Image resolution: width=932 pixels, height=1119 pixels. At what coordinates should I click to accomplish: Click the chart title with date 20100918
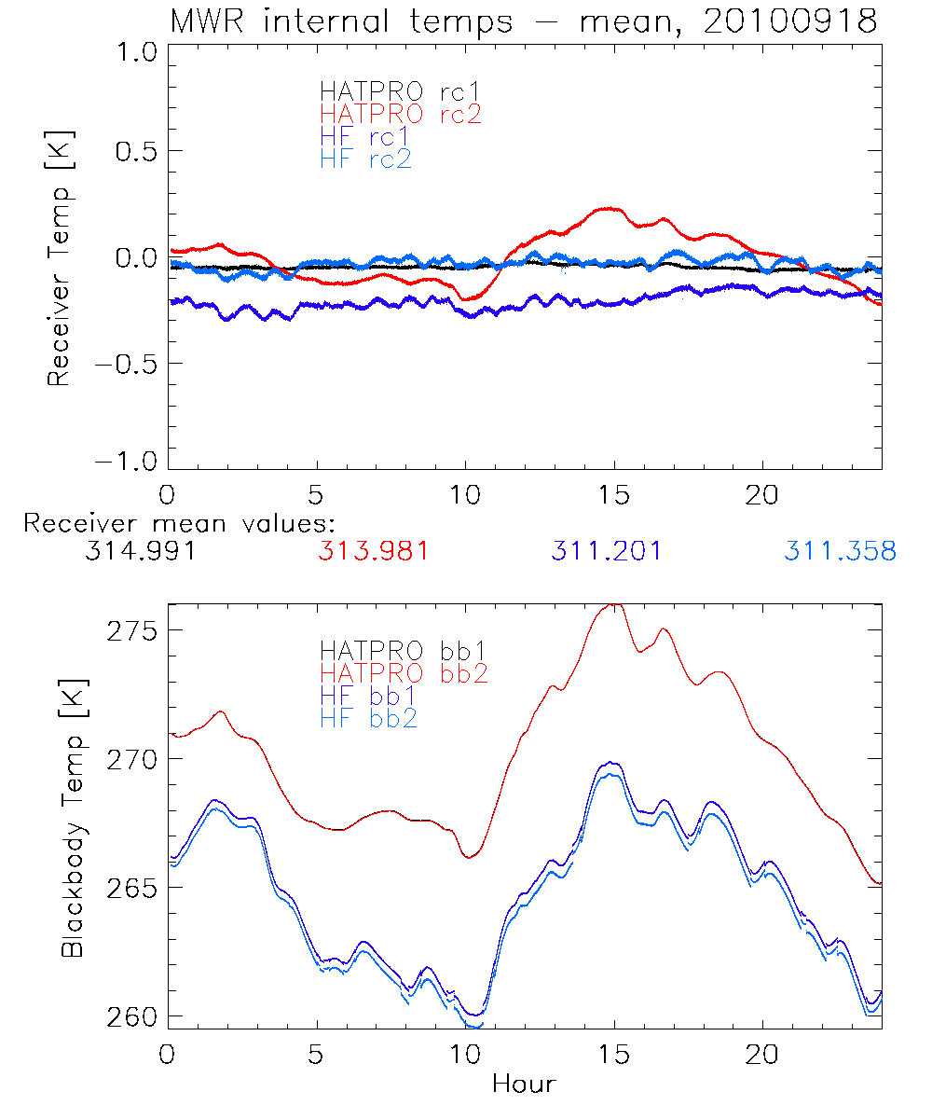524,21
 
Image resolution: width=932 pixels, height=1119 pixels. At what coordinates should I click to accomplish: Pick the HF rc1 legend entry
364,136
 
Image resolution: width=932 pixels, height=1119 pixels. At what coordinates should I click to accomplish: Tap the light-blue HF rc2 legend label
364,159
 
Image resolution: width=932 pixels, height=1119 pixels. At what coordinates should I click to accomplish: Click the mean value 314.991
140,551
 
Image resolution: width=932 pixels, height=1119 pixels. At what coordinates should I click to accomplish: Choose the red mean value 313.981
374,551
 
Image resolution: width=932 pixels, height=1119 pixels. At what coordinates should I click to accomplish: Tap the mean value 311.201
606,551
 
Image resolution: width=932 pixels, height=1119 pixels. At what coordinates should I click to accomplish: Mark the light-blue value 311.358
840,551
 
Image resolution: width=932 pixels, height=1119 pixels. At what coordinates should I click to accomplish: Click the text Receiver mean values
179,523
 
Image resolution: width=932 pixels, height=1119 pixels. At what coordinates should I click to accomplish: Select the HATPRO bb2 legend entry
404,673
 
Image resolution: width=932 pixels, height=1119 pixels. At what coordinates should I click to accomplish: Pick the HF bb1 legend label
367,696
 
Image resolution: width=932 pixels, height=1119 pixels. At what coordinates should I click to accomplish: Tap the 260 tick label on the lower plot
130,1016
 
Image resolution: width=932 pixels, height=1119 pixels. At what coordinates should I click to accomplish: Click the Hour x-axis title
524,1084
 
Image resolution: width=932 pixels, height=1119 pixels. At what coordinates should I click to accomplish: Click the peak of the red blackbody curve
613,604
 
